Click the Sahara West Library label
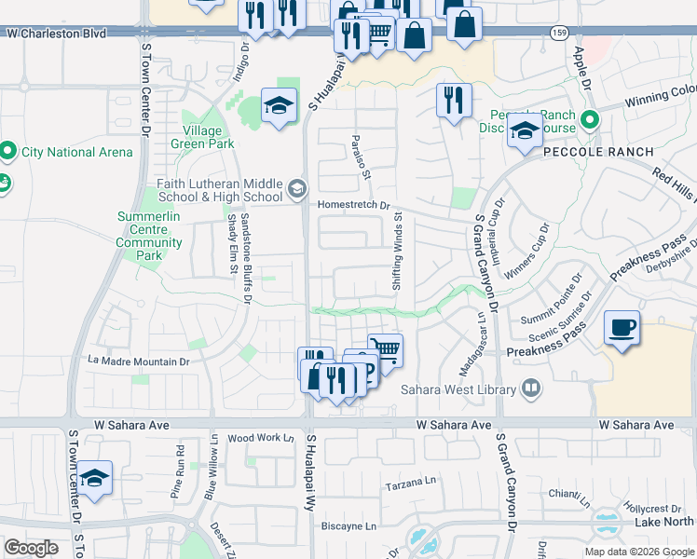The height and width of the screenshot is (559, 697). click(x=459, y=389)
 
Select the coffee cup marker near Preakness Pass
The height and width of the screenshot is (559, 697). click(x=622, y=328)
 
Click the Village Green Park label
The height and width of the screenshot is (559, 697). click(x=202, y=137)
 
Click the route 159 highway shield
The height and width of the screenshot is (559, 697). click(x=558, y=34)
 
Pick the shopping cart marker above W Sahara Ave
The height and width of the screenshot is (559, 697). click(x=385, y=351)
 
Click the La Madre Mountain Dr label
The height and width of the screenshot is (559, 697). click(x=138, y=361)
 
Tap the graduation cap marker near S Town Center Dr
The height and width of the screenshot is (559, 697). click(x=94, y=478)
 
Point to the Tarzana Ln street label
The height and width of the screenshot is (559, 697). click(x=411, y=486)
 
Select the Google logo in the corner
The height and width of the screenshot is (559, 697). click(x=32, y=548)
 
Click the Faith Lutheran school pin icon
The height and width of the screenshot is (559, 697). click(x=297, y=190)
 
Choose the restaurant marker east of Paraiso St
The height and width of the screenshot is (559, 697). click(x=454, y=101)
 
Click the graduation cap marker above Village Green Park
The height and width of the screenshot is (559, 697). click(x=279, y=105)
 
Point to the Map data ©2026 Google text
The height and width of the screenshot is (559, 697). click(x=639, y=552)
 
